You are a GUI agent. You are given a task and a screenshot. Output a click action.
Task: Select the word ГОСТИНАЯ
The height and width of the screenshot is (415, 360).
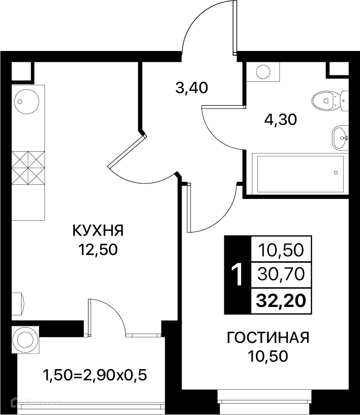[x=268, y=337]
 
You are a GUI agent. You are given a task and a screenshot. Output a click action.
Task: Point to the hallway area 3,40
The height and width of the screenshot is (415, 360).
[x=191, y=87]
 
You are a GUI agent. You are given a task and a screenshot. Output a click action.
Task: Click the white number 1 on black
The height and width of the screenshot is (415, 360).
[x=238, y=274]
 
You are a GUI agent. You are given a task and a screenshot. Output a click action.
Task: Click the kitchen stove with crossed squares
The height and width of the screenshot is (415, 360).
[x=28, y=167]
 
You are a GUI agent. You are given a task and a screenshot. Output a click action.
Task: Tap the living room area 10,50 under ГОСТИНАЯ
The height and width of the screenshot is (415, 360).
[x=268, y=357]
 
